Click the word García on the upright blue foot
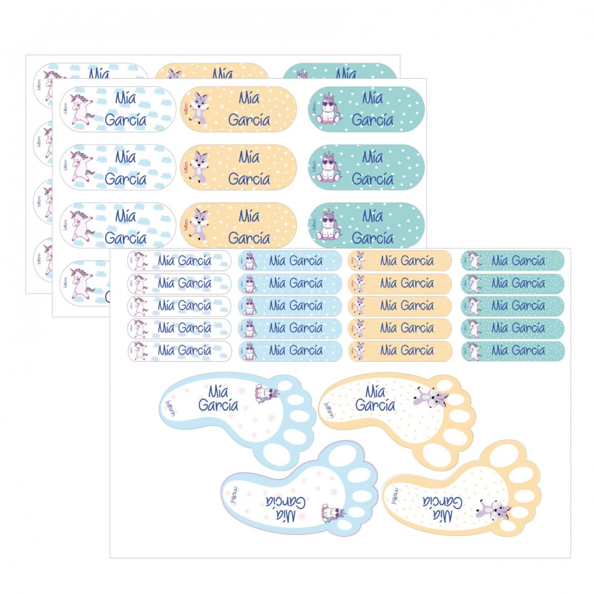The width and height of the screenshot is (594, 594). (218, 405)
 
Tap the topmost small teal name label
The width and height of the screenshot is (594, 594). (512, 261)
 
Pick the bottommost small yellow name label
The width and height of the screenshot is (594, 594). (400, 350)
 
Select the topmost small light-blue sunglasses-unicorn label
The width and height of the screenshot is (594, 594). (290, 261)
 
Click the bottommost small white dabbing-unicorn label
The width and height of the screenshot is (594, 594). (179, 350)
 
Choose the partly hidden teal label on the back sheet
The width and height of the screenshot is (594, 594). (340, 71)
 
